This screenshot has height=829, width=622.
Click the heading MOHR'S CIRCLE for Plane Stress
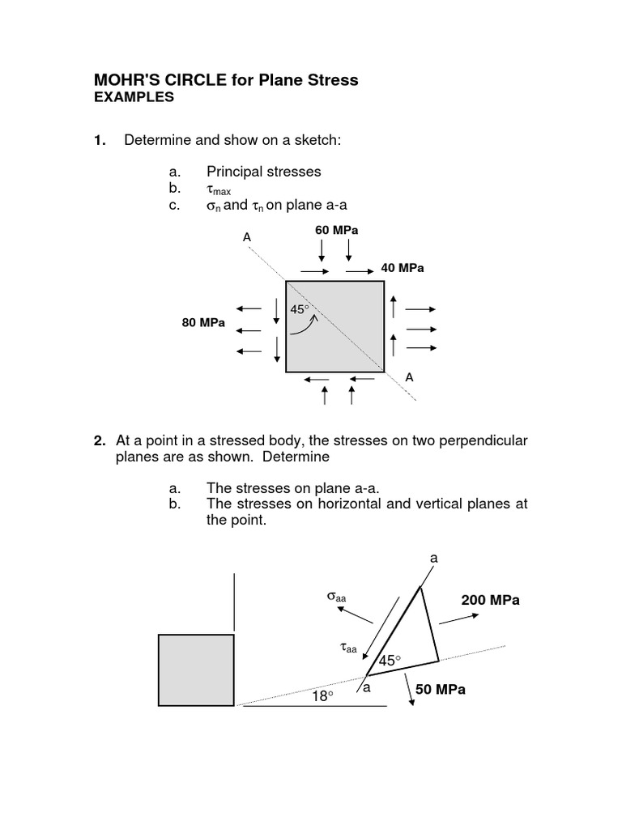[226, 80]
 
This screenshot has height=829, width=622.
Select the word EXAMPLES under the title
[134, 97]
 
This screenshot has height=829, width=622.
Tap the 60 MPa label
[336, 231]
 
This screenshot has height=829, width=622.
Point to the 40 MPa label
[403, 268]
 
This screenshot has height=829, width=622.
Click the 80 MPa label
[203, 323]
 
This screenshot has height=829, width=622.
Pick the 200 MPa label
[490, 600]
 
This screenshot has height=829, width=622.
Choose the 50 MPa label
[441, 690]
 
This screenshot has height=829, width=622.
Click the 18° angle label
[323, 695]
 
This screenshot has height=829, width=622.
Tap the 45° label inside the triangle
[390, 661]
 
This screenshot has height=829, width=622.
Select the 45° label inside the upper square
[300, 308]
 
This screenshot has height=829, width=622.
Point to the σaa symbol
[336, 597]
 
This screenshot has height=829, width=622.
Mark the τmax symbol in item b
[219, 190]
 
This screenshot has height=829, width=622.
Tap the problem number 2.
[100, 441]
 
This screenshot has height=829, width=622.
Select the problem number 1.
[100, 141]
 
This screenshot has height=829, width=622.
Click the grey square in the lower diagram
[196, 670]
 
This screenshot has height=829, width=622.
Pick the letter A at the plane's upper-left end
[247, 237]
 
